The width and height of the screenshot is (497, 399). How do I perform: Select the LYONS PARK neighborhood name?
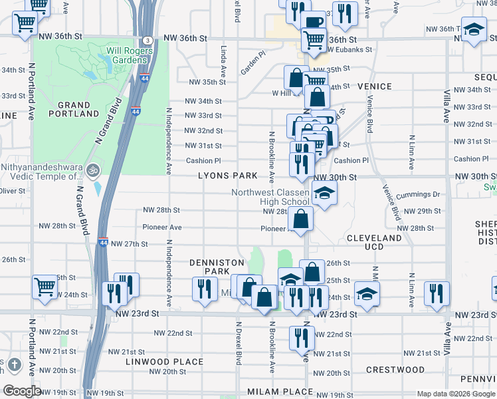point(227,176)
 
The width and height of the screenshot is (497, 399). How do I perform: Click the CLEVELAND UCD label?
point(374,242)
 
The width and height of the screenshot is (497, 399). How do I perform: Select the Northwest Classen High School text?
point(270,197)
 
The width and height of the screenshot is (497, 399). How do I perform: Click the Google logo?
point(21,392)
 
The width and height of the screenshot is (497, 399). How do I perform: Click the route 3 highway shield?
point(146,40)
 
